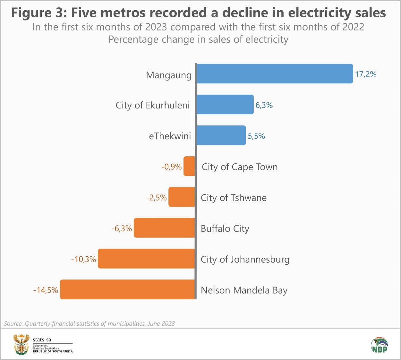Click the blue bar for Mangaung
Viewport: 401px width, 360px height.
(274, 74)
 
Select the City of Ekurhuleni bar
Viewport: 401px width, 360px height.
(225, 105)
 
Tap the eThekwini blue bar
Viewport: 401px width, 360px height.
(221, 135)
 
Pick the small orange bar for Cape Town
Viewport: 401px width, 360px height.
(189, 166)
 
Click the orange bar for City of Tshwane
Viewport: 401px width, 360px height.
(182, 197)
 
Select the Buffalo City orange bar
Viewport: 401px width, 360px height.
(164, 228)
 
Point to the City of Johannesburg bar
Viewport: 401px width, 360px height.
(146, 259)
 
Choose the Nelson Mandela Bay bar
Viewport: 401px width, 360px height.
(127, 289)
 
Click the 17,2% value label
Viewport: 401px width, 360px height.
(365, 74)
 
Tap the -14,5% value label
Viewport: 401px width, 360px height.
(46, 290)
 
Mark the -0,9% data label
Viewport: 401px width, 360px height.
(171, 167)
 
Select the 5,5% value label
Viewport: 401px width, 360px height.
(256, 136)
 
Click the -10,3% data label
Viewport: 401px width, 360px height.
(83, 259)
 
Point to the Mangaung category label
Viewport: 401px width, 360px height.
(168, 75)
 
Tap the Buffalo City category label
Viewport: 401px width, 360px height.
(225, 229)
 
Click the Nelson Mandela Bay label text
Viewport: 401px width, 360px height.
(244, 290)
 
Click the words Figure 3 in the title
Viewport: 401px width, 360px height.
(39, 13)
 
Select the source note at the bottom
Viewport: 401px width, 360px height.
(89, 323)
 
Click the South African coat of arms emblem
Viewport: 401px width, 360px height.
(21, 344)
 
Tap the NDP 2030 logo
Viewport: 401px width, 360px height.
(380, 345)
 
